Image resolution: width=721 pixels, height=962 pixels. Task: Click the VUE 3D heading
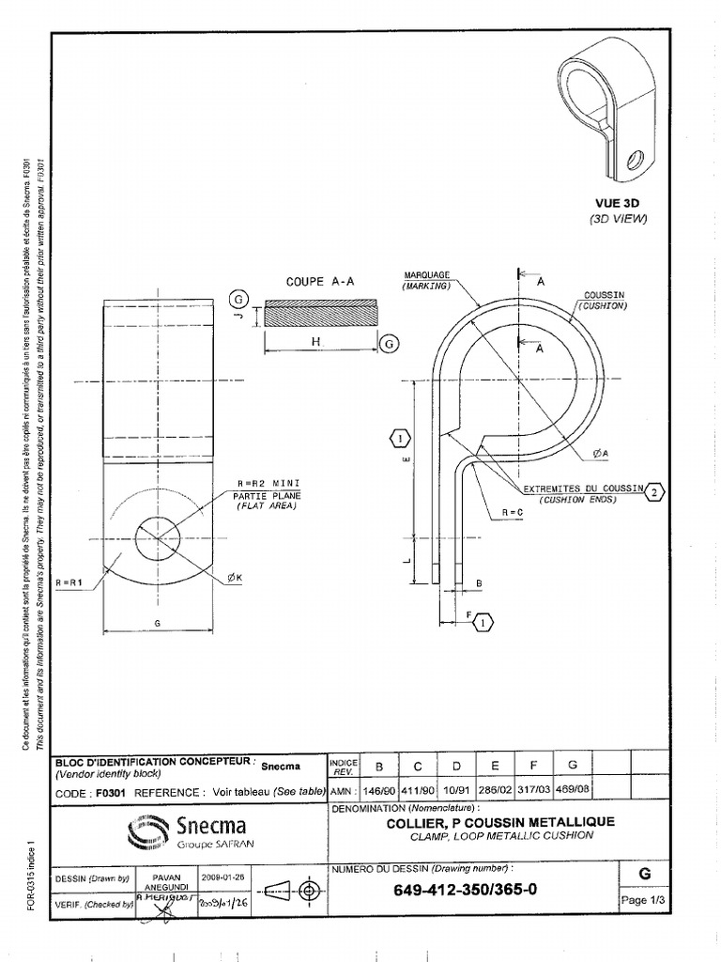(x=614, y=202)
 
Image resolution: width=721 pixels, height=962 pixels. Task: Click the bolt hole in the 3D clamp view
(x=636, y=160)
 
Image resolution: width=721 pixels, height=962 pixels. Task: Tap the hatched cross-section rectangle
(x=322, y=314)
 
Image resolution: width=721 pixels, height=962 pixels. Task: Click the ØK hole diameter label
(x=234, y=579)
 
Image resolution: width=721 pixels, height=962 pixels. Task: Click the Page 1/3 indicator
(x=643, y=900)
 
